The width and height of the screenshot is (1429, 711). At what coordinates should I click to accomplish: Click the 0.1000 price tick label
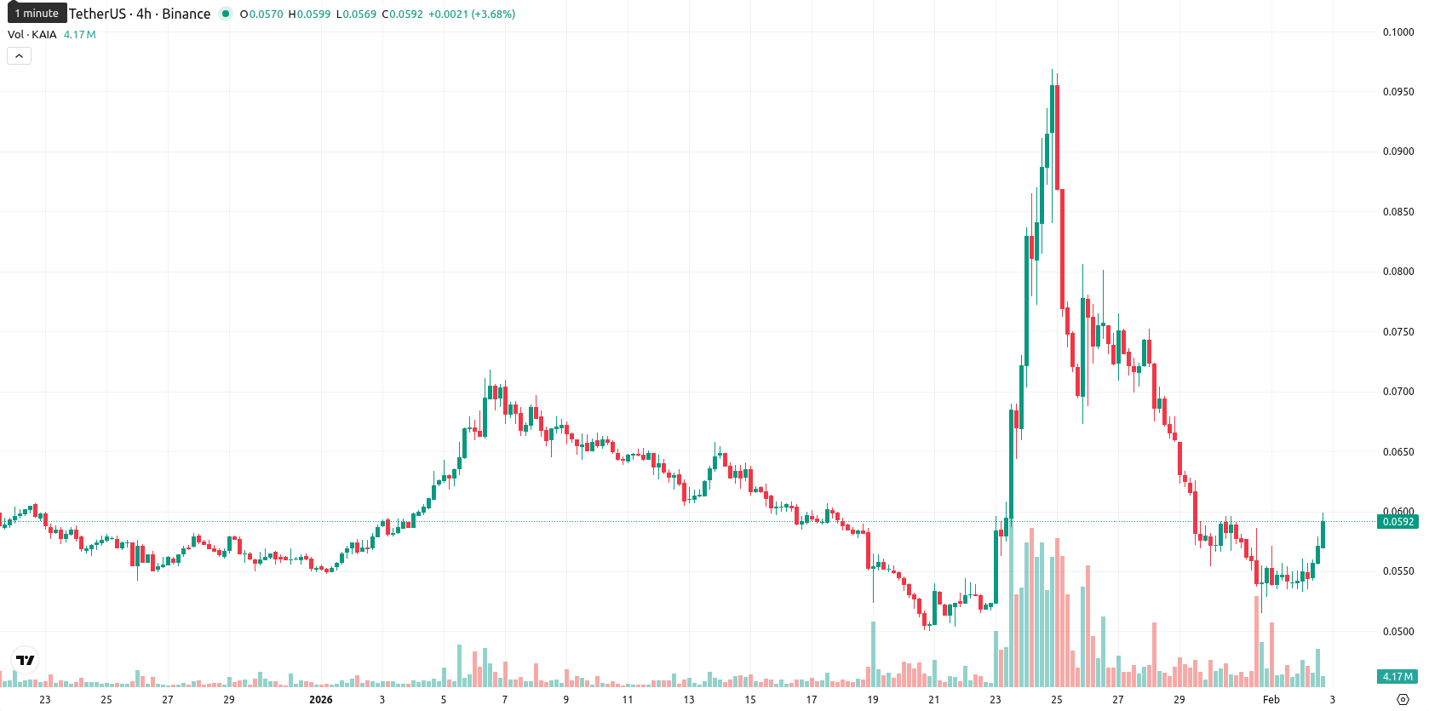coord(1397,32)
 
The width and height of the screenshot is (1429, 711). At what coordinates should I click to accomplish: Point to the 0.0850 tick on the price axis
coord(1397,212)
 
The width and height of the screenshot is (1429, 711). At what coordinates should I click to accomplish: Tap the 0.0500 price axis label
coord(1397,631)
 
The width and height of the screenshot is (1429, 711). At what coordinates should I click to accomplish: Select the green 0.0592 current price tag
coord(1397,522)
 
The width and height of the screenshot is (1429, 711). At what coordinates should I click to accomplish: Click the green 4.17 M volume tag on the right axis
coord(1397,677)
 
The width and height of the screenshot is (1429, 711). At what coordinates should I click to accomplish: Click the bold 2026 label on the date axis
coord(321,700)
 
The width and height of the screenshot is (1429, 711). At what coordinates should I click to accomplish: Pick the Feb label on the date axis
coord(1271,700)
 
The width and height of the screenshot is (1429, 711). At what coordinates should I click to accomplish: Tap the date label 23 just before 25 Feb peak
coord(996,700)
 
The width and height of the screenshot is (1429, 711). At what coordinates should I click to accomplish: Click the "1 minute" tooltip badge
coord(37,13)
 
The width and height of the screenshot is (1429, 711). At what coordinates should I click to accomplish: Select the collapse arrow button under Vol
coord(19,56)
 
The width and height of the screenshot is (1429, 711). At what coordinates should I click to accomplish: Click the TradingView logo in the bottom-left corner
coord(26,660)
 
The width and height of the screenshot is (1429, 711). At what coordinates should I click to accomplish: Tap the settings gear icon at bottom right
coord(1403,700)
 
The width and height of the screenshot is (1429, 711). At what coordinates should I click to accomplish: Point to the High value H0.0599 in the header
coord(309,14)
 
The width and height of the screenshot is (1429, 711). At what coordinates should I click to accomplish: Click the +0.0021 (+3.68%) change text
coord(472,14)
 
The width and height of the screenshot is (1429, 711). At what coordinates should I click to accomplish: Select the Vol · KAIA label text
coord(32,34)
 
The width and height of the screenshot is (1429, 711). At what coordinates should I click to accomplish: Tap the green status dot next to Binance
coord(225,14)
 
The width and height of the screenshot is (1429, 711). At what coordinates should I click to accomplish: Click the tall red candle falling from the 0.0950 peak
coord(1062,249)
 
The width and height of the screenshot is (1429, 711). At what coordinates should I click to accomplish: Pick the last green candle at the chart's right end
coord(1323,535)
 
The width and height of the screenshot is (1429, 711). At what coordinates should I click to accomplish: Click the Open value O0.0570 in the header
coord(261,14)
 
